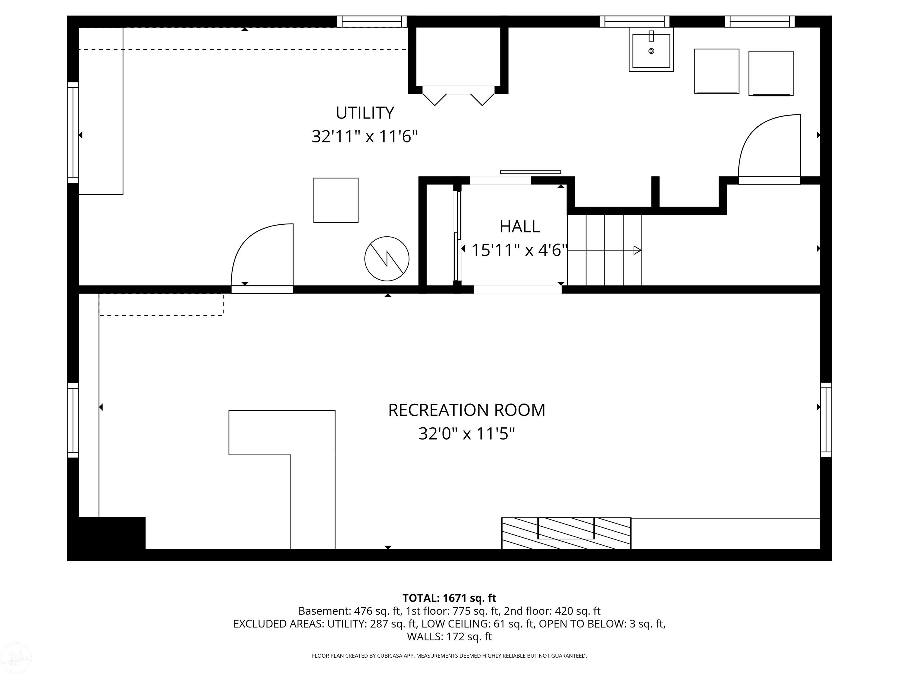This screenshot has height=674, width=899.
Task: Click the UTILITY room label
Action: click(365, 113)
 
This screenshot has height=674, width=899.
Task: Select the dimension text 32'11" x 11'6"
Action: click(365, 137)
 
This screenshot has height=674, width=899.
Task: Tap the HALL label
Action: click(519, 227)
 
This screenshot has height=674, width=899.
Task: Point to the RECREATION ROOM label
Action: click(466, 410)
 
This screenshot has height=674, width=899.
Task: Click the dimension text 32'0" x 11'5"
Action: click(466, 434)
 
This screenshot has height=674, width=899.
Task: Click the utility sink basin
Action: click(651, 50)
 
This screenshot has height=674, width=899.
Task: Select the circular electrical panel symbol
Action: click(387, 259)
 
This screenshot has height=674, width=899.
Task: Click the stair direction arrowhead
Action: click(637, 250)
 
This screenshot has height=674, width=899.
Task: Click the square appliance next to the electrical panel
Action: click(336, 200)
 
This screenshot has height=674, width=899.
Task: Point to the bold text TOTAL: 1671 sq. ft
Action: click(449, 598)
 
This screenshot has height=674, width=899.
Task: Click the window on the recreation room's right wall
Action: click(826, 420)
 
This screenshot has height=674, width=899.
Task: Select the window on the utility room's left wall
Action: click(73, 133)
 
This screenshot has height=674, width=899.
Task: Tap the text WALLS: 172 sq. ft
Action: click(449, 637)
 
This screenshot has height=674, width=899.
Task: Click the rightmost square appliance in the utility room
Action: click(771, 73)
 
